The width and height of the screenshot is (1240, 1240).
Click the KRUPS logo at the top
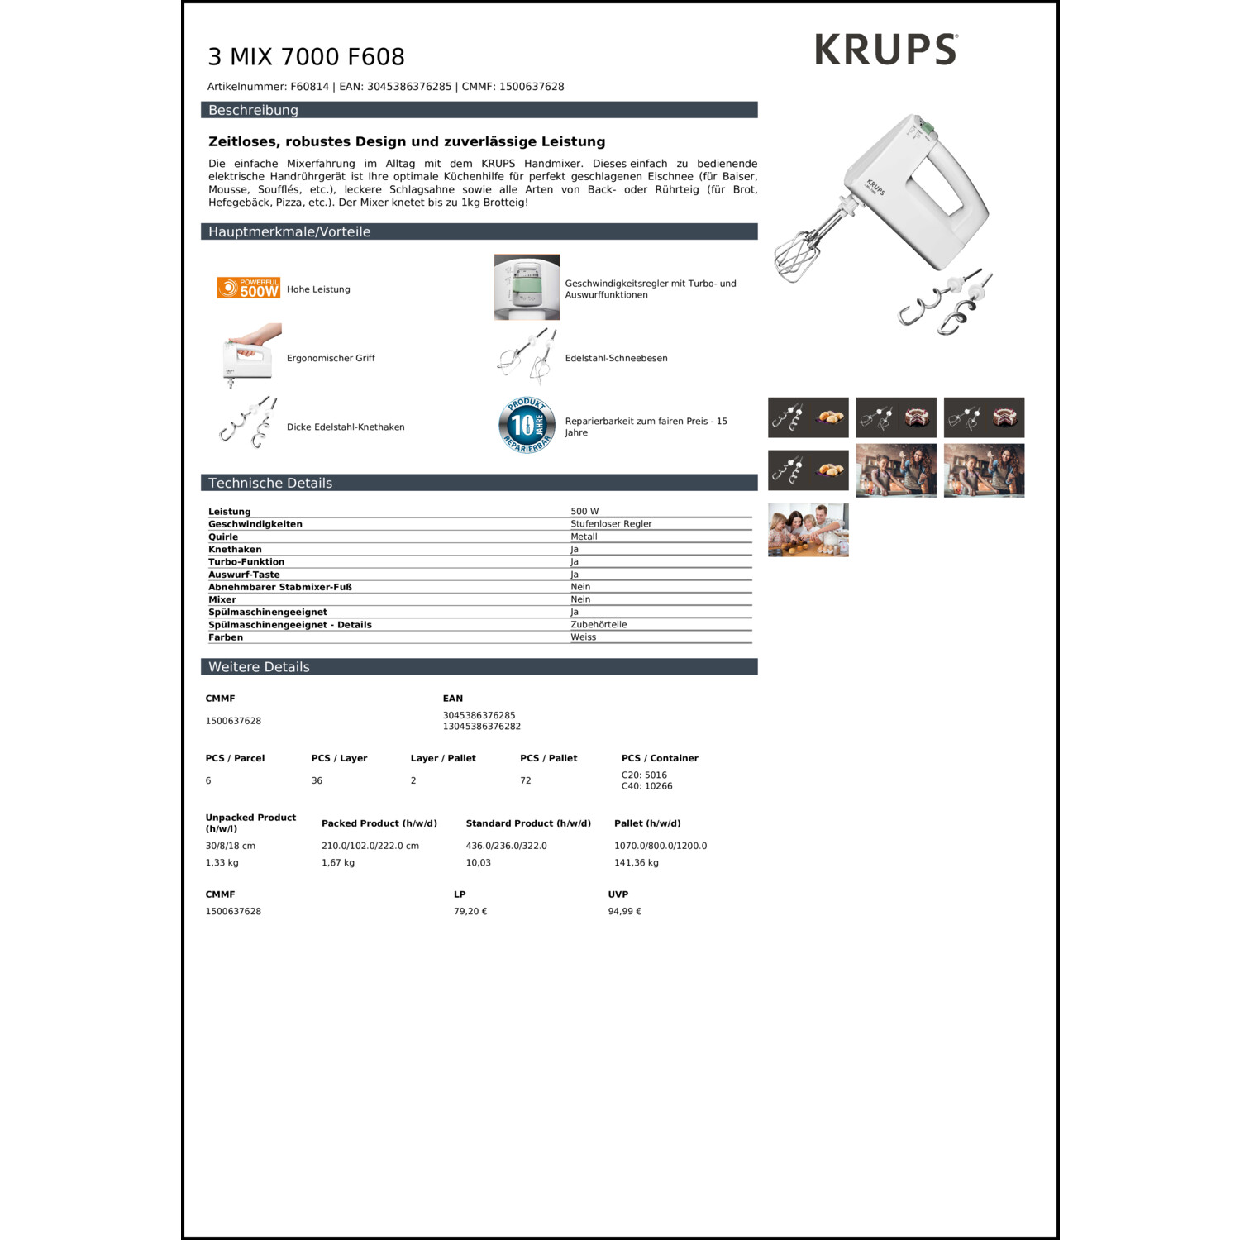(885, 50)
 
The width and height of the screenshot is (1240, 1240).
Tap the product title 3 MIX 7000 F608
(306, 57)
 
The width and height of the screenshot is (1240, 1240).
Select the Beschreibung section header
(253, 110)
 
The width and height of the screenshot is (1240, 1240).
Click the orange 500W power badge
(248, 288)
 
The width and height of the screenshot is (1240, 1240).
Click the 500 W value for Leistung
(584, 512)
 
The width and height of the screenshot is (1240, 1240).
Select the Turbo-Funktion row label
(246, 562)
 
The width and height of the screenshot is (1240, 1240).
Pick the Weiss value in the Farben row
(583, 637)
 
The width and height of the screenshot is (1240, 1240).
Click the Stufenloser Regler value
(611, 524)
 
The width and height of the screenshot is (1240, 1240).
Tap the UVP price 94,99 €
(625, 912)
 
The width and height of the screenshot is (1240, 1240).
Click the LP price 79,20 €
(470, 912)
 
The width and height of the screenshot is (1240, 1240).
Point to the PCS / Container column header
(660, 758)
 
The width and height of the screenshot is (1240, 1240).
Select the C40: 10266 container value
(646, 786)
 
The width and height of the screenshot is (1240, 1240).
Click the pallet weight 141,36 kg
(637, 863)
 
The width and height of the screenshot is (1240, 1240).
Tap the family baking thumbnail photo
(808, 530)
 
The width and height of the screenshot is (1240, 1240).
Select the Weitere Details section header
(259, 667)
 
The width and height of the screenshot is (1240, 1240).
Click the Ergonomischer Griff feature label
(331, 359)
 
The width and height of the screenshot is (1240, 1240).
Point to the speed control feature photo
(527, 287)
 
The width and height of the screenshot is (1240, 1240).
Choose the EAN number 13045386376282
(482, 727)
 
